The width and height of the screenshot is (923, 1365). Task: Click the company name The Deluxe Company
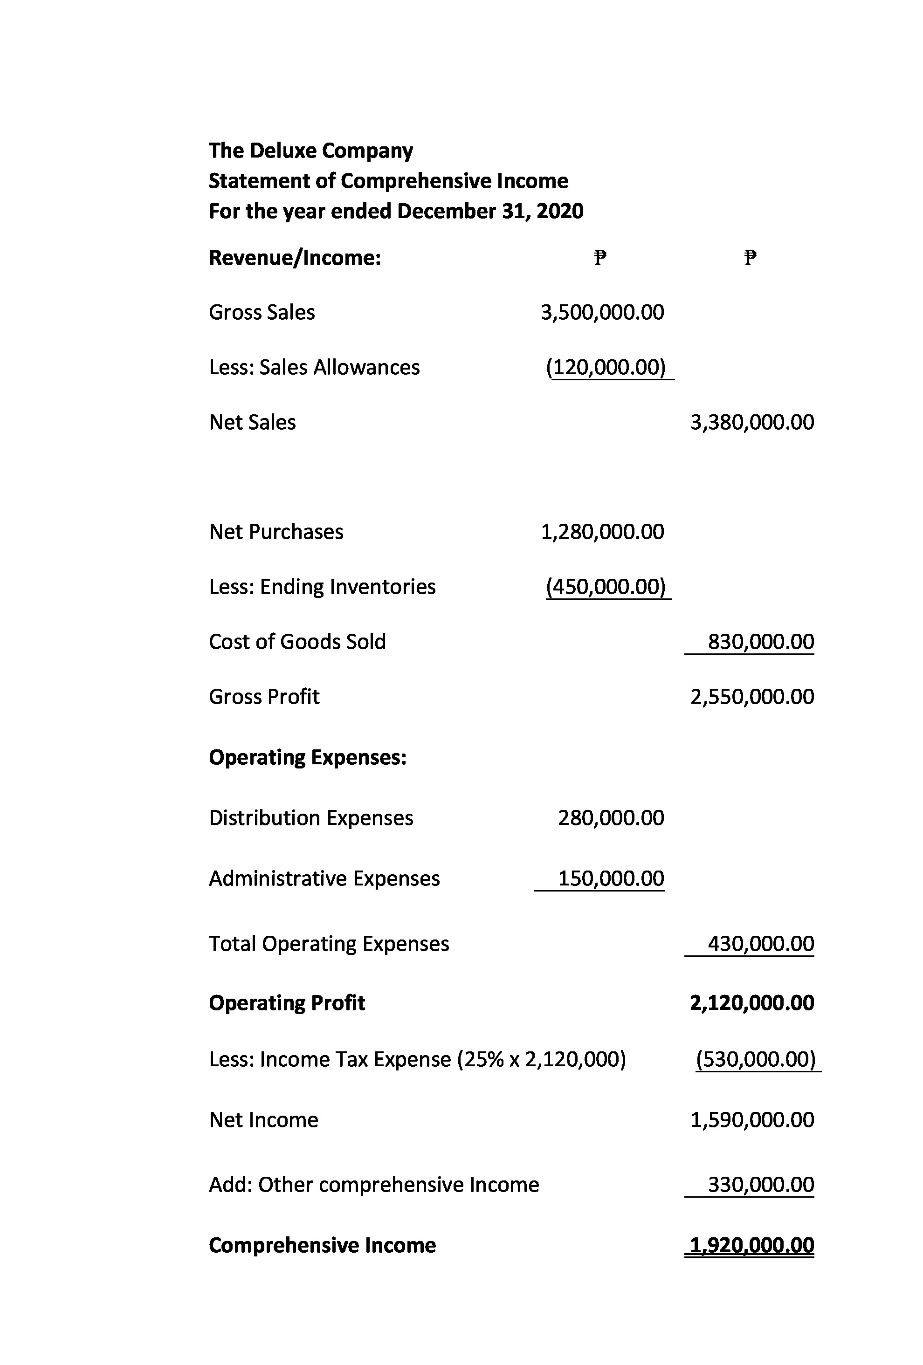pyautogui.click(x=311, y=151)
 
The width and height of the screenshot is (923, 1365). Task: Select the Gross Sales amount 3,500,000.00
pyautogui.click(x=602, y=312)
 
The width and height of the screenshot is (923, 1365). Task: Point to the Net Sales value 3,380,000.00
pyautogui.click(x=752, y=422)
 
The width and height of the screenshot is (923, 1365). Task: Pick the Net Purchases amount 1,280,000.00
pyautogui.click(x=602, y=532)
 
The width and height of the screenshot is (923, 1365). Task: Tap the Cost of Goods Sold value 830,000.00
pyautogui.click(x=761, y=642)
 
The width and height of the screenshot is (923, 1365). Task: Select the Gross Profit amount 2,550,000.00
pyautogui.click(x=752, y=697)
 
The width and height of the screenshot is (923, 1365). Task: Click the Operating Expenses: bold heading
pyautogui.click(x=308, y=758)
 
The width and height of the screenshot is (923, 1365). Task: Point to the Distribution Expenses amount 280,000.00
pyautogui.click(x=611, y=818)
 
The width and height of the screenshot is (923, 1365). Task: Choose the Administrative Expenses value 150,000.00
pyautogui.click(x=611, y=878)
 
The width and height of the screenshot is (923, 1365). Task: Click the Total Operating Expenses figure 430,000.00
pyautogui.click(x=761, y=944)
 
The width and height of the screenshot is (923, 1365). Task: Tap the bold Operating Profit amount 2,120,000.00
pyautogui.click(x=752, y=1003)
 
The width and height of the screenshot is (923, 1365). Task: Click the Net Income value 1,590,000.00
pyautogui.click(x=752, y=1120)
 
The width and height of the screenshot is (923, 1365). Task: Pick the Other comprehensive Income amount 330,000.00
pyautogui.click(x=761, y=1185)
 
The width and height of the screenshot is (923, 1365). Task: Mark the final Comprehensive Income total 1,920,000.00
pyautogui.click(x=752, y=1245)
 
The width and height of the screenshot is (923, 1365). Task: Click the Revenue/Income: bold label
pyautogui.click(x=295, y=258)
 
